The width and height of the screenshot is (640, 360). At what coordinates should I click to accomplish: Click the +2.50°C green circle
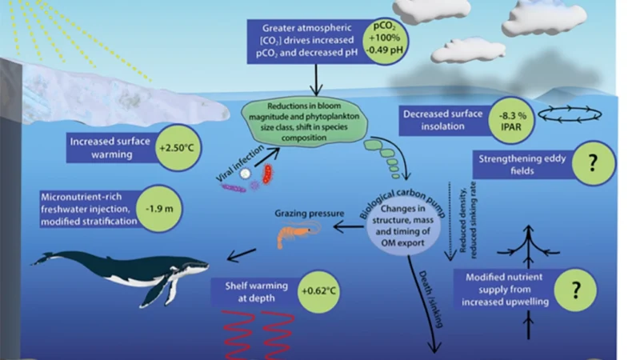(x=178, y=147)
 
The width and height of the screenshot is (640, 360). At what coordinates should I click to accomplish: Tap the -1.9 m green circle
(x=159, y=209)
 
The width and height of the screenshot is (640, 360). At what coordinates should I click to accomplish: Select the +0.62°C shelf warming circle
(x=318, y=291)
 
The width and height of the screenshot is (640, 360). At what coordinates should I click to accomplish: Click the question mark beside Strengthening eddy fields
(x=593, y=163)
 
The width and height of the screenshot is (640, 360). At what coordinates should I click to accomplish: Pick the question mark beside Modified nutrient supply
(x=575, y=290)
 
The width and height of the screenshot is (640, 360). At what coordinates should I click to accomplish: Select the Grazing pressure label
(x=309, y=213)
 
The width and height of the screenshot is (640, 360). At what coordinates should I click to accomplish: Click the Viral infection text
(x=240, y=164)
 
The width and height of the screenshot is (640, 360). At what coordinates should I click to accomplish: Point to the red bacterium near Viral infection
(x=267, y=174)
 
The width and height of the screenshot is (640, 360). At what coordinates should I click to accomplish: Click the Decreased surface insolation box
(x=443, y=120)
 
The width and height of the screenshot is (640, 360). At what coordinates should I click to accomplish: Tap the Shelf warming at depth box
(x=256, y=292)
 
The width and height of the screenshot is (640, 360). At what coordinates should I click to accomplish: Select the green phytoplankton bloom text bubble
(x=305, y=122)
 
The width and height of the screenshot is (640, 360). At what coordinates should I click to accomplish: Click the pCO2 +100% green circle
(x=385, y=41)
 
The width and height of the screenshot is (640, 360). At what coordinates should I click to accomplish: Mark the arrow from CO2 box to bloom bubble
(x=316, y=80)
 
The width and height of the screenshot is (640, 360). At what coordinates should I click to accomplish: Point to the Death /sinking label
(x=430, y=299)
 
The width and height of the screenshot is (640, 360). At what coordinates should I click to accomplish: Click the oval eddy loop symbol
(x=570, y=114)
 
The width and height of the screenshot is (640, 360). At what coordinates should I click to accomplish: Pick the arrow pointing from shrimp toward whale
(x=242, y=254)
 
